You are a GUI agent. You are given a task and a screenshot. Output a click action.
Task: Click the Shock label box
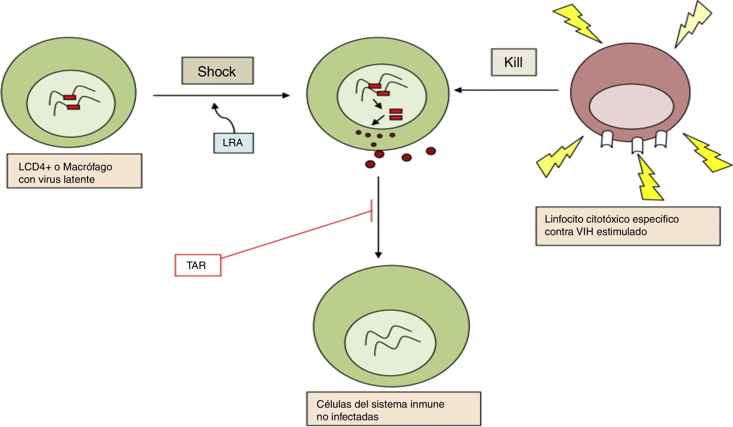coord(218,71)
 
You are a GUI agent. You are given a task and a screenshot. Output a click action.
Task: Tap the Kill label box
coord(514,62)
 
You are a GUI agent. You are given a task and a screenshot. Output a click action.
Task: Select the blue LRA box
coord(234,143)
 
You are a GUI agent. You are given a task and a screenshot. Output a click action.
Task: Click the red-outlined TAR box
coord(198,265)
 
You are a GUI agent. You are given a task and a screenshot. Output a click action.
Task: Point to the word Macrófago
coord(87,167)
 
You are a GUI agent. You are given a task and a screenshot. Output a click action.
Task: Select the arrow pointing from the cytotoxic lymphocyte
coord(506,90)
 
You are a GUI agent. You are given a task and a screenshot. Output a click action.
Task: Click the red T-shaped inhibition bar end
coord(371,211)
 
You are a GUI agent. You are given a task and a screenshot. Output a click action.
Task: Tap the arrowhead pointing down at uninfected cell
coord(378,255)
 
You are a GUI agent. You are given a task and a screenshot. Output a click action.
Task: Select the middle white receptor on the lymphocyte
coord(637,145)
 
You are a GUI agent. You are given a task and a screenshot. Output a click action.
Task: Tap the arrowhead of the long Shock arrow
coord(286,95)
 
